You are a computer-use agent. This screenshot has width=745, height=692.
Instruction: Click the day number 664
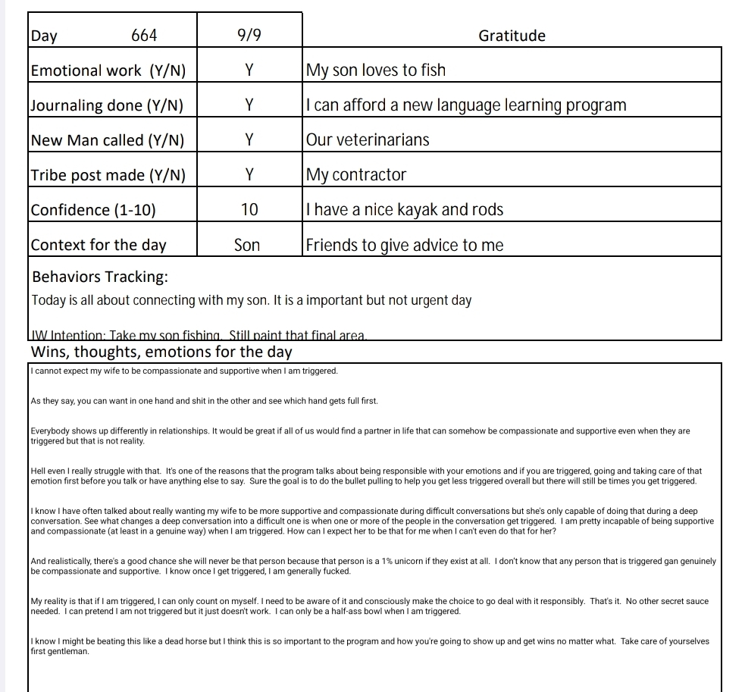[144, 36]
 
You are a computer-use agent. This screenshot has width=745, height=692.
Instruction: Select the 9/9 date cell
[249, 36]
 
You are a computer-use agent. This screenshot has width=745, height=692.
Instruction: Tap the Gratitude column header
[512, 36]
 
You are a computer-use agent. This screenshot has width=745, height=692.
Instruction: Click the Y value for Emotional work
[249, 70]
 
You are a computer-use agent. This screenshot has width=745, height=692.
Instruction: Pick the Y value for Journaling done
[249, 105]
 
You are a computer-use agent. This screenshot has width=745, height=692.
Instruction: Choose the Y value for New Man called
[249, 140]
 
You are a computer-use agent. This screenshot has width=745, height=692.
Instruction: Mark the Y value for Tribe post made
[249, 175]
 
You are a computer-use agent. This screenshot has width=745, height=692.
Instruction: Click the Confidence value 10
[249, 210]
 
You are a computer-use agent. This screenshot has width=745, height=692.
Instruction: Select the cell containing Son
[247, 245]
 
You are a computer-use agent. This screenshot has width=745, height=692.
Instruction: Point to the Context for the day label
[99, 245]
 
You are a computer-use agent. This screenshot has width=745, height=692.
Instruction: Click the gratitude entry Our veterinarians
[368, 140]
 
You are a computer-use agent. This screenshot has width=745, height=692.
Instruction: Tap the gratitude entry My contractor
[356, 175]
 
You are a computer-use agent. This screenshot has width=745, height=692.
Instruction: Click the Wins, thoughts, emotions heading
[161, 352]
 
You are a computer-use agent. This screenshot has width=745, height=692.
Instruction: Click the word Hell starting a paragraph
[38, 471]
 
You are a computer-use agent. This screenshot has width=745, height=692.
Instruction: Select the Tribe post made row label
[108, 175]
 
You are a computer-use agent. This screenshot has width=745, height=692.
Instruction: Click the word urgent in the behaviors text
[429, 300]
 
